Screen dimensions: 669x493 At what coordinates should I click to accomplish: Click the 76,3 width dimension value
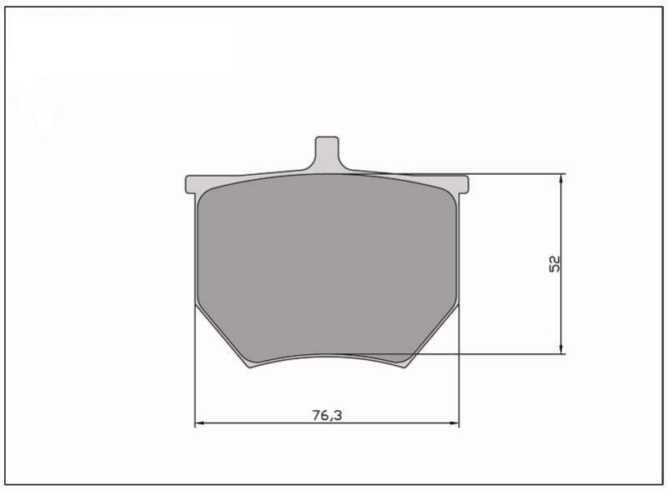pyautogui.click(x=327, y=415)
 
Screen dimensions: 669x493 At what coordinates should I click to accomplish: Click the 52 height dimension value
pyautogui.click(x=554, y=264)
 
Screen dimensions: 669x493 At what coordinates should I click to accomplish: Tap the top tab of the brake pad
pyautogui.click(x=327, y=153)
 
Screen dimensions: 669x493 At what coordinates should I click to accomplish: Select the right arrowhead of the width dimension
pyautogui.click(x=453, y=423)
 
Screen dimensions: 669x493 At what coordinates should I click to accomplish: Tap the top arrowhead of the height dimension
pyautogui.click(x=561, y=180)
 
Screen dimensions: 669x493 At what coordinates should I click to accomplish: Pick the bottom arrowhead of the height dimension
pyautogui.click(x=561, y=348)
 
